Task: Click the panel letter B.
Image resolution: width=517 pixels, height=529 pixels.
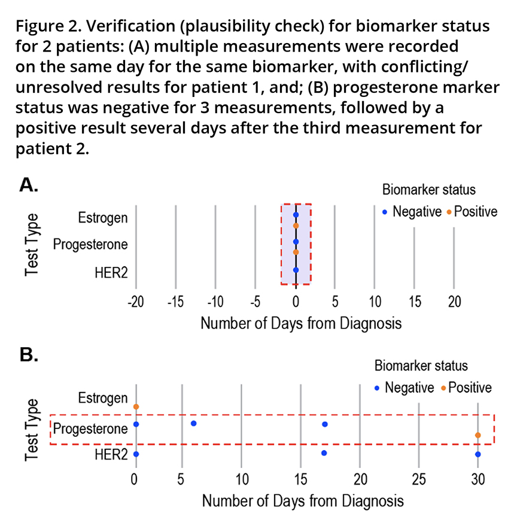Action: (x=28, y=355)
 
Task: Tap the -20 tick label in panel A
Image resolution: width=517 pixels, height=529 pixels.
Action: (x=136, y=300)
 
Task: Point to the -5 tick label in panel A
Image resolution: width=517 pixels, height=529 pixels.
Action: (x=255, y=300)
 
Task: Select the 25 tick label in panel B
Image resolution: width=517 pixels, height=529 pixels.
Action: (x=418, y=479)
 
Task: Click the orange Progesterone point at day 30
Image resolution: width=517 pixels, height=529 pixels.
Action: (x=478, y=435)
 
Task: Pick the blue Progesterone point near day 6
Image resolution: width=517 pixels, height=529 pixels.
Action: (x=193, y=423)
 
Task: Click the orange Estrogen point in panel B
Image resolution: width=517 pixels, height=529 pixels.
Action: (x=136, y=407)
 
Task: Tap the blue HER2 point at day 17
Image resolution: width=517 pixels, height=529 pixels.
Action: (x=324, y=453)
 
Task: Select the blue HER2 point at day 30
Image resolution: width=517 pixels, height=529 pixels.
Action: (x=478, y=454)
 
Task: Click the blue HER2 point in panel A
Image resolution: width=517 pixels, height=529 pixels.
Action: (x=296, y=270)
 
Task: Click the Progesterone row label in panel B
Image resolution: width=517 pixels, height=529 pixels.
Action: (x=90, y=428)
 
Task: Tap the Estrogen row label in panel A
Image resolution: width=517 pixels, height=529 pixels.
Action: (x=103, y=217)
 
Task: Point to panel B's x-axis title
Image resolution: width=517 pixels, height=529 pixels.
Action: (x=302, y=500)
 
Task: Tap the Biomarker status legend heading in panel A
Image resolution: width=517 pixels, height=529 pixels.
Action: (x=428, y=190)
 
